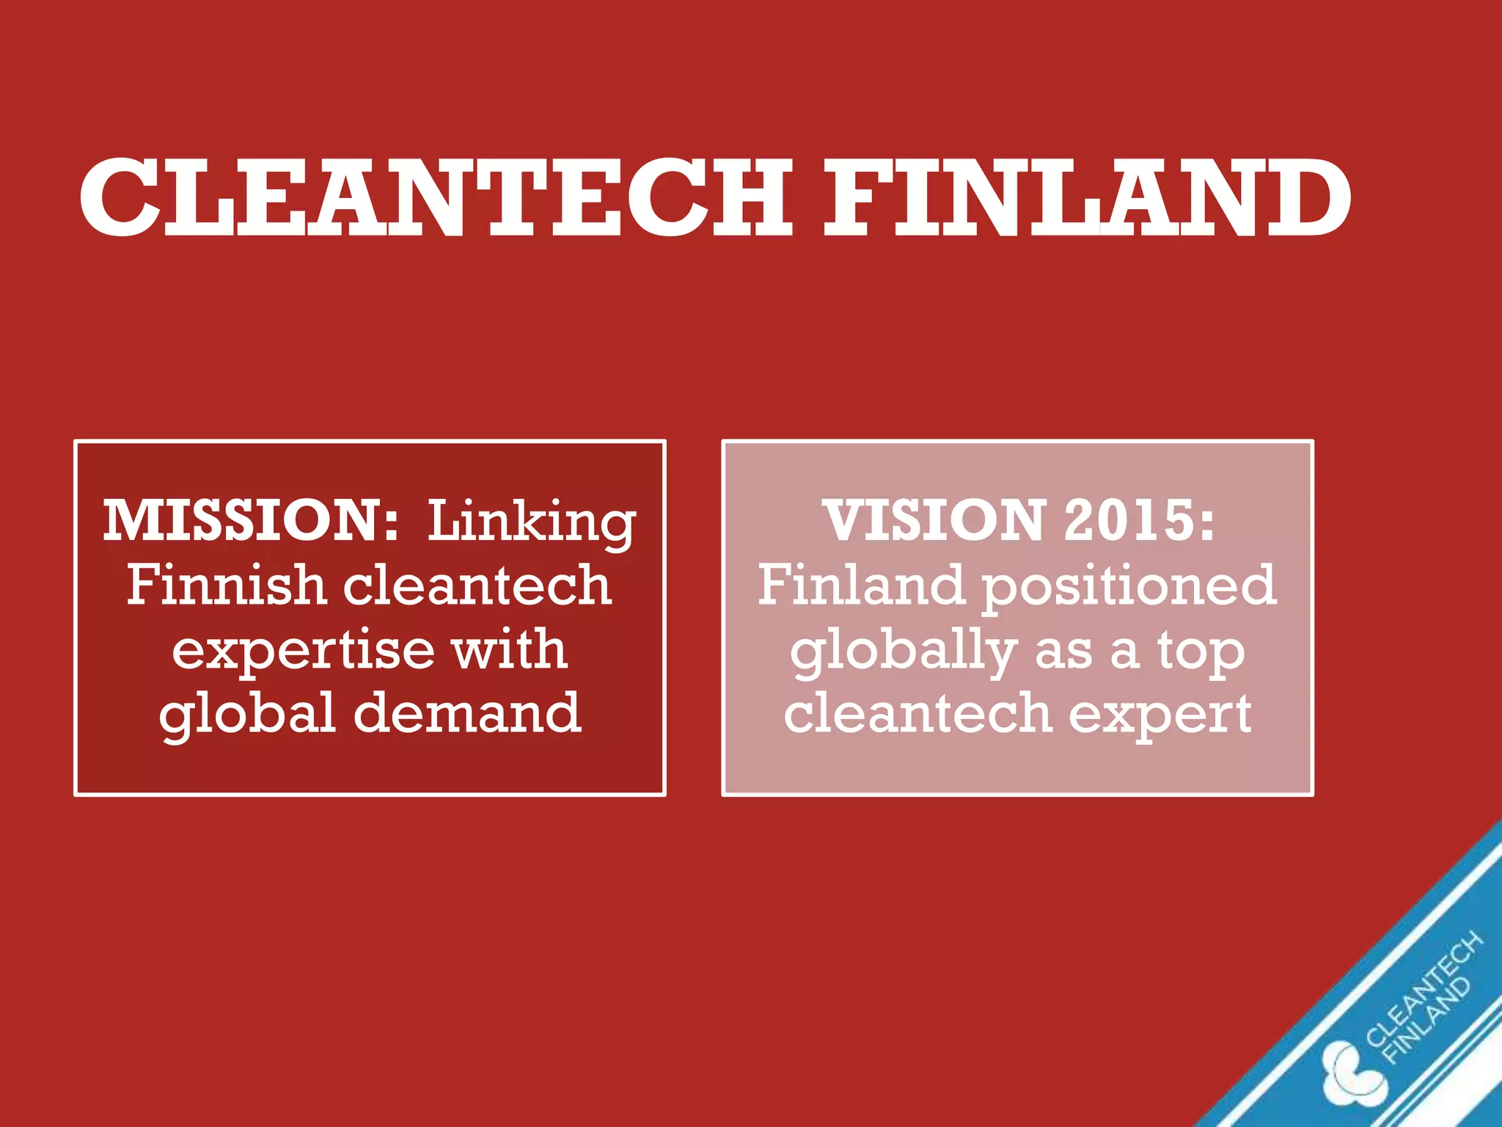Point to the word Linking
point(532,523)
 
